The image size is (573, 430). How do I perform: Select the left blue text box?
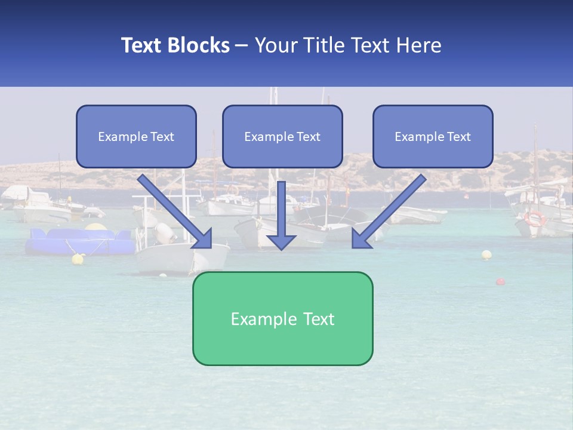coord(136,136)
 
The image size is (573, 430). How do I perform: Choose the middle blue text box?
coord(282,136)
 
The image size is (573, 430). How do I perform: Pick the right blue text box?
coord(433,136)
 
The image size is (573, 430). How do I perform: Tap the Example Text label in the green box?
coord(282,319)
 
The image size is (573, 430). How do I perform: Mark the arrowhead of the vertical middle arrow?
coord(281,241)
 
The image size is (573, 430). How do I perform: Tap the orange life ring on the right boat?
coord(534,218)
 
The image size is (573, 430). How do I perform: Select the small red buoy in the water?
coord(500,281)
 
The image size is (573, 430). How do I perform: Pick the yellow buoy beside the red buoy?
coord(486,255)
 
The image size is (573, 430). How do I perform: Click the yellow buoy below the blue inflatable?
coord(78,259)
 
